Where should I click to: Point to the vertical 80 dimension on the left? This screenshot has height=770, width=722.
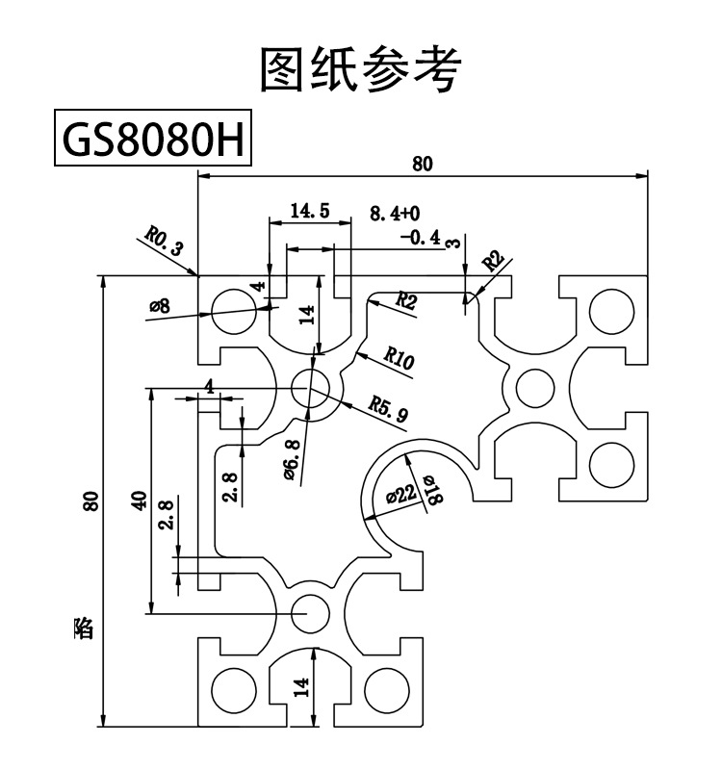click(x=90, y=500)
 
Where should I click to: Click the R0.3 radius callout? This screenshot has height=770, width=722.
click(x=164, y=240)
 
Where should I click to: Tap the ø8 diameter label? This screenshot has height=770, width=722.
click(x=160, y=306)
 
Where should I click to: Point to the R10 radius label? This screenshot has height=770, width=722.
click(x=399, y=360)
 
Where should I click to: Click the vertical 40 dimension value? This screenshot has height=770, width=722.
click(x=139, y=500)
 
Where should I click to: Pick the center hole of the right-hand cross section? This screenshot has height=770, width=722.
click(x=531, y=388)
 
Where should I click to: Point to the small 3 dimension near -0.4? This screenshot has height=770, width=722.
click(x=453, y=244)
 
